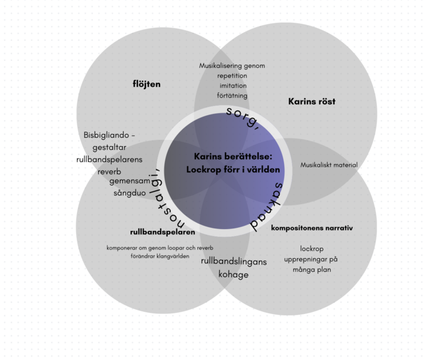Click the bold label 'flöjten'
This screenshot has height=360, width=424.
click(146, 84)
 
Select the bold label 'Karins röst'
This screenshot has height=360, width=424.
click(311, 101)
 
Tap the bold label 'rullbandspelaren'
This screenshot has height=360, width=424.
click(162, 232)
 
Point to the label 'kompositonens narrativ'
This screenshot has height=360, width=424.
click(311, 227)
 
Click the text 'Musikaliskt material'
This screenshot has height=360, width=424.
click(329, 165)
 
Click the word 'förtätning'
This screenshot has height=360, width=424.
click(233, 96)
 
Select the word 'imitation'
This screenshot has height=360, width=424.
click(233, 86)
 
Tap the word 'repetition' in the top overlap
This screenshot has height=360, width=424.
click(232, 76)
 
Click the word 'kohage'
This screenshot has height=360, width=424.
click(233, 274)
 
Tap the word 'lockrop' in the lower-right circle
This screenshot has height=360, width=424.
click(311, 248)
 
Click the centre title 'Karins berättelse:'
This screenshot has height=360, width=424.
click(232, 156)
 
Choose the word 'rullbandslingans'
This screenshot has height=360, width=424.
click(234, 261)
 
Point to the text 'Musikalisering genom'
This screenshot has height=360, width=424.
click(232, 65)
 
